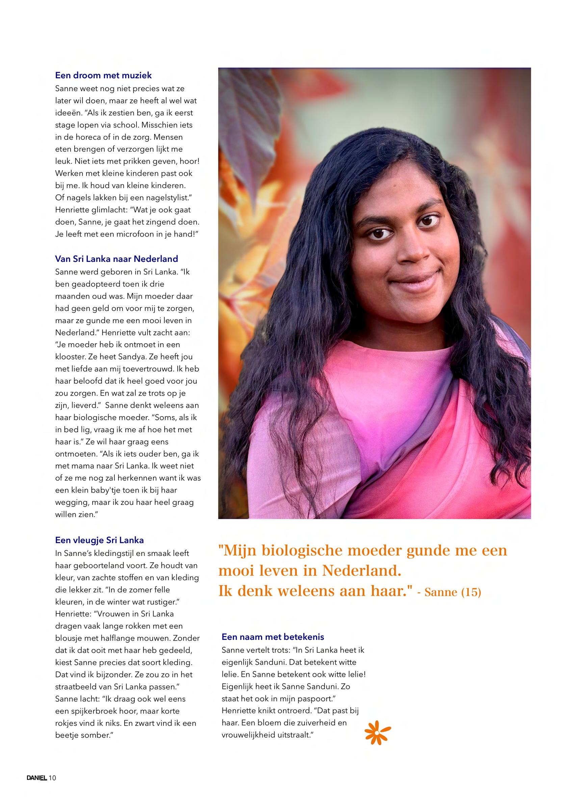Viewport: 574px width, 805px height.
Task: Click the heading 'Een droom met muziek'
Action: click(x=103, y=75)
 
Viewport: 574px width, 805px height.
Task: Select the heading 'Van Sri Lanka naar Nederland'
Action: click(x=116, y=259)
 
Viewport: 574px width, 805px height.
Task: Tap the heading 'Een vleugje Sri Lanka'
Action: click(x=99, y=540)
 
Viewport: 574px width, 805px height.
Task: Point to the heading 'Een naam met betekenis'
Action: click(x=273, y=637)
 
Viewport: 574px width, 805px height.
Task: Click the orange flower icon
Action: click(x=377, y=733)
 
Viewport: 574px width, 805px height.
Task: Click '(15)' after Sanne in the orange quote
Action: click(x=471, y=592)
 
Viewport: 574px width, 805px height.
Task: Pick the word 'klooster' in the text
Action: click(x=70, y=357)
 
